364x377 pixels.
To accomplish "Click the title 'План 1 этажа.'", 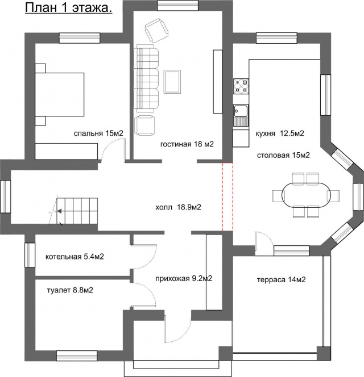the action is click(x=68, y=8).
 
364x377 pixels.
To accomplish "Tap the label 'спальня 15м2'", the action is click(x=98, y=133).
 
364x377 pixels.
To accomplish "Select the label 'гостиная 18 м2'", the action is click(x=187, y=144).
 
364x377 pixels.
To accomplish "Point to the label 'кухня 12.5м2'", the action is click(x=280, y=133).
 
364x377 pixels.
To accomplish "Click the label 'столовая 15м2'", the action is click(x=283, y=156).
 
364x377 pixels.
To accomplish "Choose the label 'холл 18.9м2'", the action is click(x=178, y=207).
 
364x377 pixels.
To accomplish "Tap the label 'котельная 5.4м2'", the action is click(x=75, y=257).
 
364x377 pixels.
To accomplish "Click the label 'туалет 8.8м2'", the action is click(x=70, y=290).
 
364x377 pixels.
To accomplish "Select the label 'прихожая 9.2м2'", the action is click(x=184, y=279).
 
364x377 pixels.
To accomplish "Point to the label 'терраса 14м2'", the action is click(x=282, y=279).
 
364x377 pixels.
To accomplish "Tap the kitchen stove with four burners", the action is click(x=241, y=86).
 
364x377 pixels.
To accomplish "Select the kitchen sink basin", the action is click(x=241, y=112).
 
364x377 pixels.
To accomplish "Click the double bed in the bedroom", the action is click(x=60, y=94).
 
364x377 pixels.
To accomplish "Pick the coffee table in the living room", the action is click(x=172, y=82).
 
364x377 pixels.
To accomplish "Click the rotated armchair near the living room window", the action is click(x=156, y=31).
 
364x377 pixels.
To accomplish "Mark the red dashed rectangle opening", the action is click(x=227, y=197).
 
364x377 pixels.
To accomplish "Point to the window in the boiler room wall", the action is click(x=30, y=255).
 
